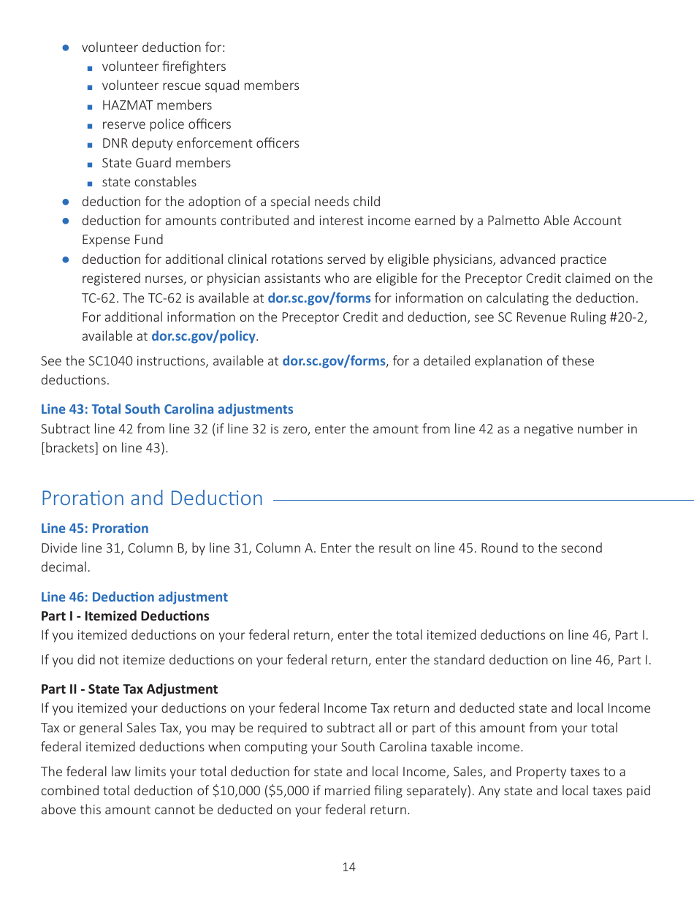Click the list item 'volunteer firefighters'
164,67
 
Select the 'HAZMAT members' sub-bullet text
156,105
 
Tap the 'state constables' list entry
149,182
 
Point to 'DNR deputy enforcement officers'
200,143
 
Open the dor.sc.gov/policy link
203,336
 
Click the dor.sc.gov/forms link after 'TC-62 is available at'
319,297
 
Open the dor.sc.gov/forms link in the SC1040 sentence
333,361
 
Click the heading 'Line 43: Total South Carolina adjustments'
167,409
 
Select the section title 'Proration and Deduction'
152,498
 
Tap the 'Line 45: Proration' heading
94,528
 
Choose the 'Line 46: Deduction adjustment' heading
134,597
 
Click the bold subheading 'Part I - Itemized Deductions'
125,616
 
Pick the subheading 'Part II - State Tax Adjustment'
129,689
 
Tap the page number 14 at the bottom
348,867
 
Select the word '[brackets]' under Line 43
69,448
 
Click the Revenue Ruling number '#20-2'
630,317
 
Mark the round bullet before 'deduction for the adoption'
65,202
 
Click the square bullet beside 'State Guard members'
89,164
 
